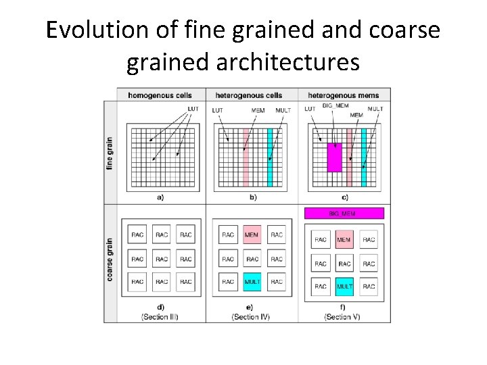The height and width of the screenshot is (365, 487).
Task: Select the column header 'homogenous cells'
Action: (160, 95)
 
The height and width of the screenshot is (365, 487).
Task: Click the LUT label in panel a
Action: (193, 109)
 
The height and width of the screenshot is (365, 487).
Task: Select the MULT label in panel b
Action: (283, 109)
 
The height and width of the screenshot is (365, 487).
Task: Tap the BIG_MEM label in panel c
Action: (335, 106)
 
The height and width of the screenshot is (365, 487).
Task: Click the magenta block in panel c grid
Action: (335, 157)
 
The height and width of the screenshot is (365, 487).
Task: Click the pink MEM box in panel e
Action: (252, 235)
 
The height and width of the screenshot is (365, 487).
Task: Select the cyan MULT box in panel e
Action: (252, 281)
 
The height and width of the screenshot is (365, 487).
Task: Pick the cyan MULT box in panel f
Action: (344, 286)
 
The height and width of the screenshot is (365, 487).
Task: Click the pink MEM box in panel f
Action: (344, 240)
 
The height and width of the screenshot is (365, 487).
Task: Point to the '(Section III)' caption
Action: (160, 317)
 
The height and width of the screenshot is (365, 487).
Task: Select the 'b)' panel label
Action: (253, 197)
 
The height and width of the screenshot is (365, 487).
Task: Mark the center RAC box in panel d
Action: (162, 259)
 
